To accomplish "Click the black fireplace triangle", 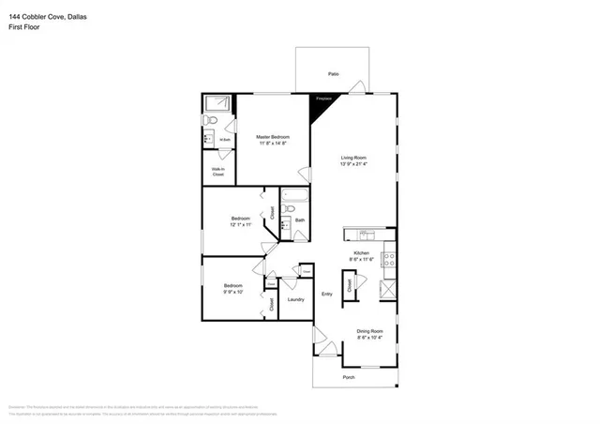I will [x=322, y=103].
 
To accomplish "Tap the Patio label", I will [x=333, y=72].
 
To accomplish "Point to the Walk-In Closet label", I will [x=217, y=172].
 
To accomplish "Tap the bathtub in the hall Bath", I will [x=292, y=199].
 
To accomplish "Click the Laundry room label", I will [x=295, y=299].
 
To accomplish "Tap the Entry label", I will [x=326, y=295].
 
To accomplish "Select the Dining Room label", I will [x=369, y=330].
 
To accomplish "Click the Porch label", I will [x=348, y=378].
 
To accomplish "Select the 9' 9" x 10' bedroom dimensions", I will [x=232, y=292].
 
